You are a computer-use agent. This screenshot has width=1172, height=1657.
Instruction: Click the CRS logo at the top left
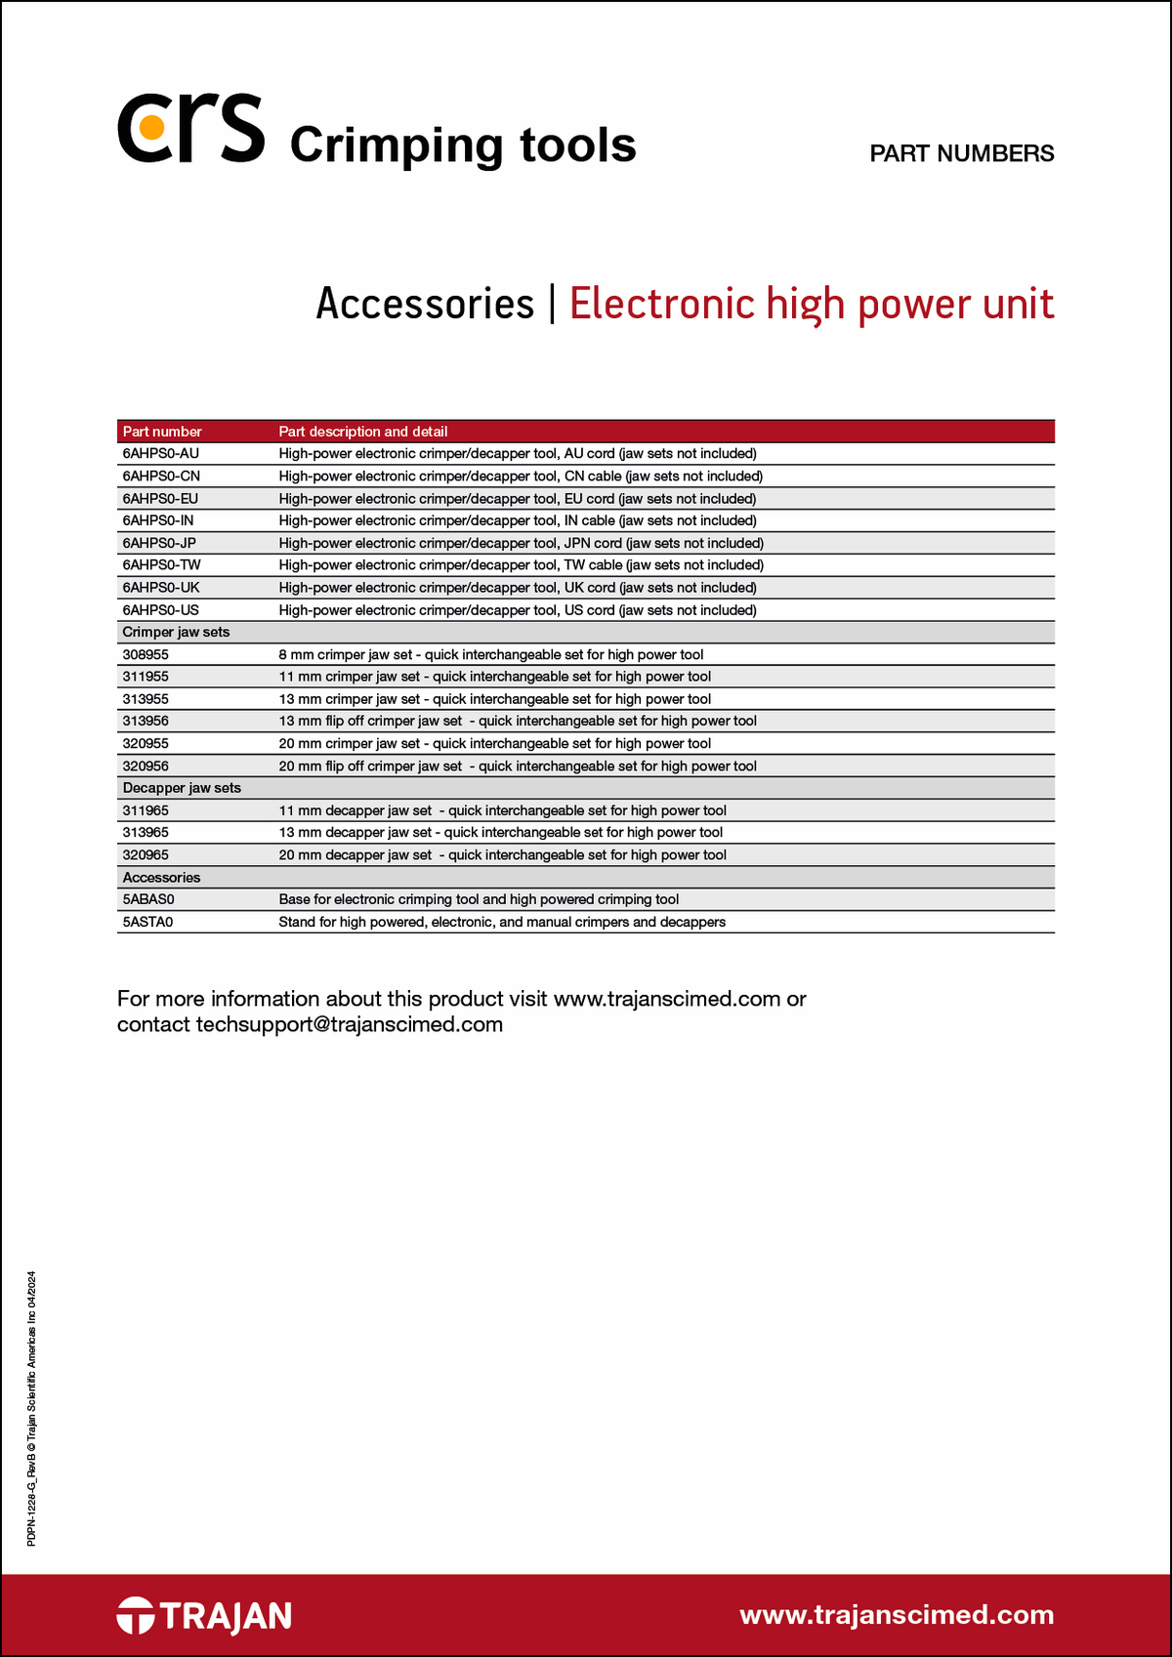(x=191, y=129)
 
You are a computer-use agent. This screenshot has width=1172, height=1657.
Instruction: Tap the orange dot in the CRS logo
(x=151, y=127)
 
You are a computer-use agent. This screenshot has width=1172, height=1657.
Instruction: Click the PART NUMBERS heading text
(x=961, y=153)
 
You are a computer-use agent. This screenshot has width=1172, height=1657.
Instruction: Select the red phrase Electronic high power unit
(x=811, y=304)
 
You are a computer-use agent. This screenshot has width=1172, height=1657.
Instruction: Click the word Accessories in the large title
(x=425, y=304)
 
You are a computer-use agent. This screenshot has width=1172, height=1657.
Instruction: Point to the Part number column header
(x=162, y=432)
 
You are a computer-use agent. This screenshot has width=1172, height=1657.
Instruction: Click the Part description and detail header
(x=363, y=432)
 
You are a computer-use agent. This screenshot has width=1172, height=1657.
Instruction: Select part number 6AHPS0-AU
(x=160, y=454)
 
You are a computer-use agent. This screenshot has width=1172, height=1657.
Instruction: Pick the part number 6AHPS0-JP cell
(x=159, y=543)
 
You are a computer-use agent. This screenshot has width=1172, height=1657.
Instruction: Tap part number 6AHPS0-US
(x=160, y=610)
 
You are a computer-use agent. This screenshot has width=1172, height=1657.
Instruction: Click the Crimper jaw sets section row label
(x=176, y=632)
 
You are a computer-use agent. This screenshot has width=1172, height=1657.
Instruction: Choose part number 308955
(x=146, y=655)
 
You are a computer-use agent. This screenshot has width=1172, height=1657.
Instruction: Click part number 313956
(x=146, y=721)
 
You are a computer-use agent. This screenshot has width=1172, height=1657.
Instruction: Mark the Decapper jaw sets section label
(x=182, y=788)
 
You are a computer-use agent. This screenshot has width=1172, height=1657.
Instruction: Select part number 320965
(x=146, y=855)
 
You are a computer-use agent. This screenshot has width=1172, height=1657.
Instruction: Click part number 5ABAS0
(x=148, y=899)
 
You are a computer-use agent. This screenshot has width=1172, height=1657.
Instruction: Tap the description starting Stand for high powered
(x=502, y=922)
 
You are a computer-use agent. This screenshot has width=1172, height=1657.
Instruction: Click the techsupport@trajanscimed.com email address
(x=350, y=1024)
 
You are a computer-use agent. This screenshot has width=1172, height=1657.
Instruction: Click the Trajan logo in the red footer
(x=204, y=1615)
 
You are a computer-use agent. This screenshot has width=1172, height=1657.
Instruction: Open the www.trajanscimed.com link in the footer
(x=897, y=1615)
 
